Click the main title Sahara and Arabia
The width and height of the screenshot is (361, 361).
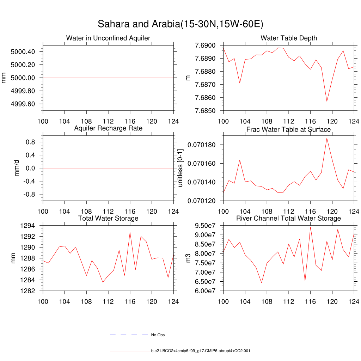[180, 24]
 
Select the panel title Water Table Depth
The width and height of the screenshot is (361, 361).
[288, 38]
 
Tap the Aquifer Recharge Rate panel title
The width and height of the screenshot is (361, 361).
[108, 128]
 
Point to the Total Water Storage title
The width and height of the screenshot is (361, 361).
[108, 219]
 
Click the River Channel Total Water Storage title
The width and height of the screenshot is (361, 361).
[288, 219]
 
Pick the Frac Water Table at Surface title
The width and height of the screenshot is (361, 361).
[288, 129]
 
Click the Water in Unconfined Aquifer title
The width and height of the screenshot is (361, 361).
[108, 38]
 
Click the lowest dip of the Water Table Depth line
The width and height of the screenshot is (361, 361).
[326, 102]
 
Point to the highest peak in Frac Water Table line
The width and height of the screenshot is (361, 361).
[326, 138]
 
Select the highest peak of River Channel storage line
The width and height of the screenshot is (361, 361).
[310, 227]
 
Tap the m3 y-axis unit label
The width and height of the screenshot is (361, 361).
[188, 258]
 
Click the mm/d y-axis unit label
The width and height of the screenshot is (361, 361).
[17, 168]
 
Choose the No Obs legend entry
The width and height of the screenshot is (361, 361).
[158, 335]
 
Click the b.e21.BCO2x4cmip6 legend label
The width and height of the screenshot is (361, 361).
[201, 351]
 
